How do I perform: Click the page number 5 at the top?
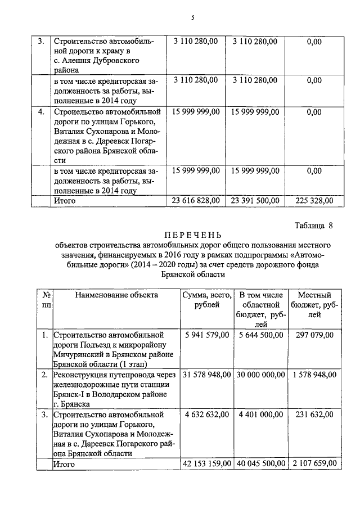tap(192, 17)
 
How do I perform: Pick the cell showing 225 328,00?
tap(314, 200)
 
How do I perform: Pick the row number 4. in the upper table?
tap(41, 112)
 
